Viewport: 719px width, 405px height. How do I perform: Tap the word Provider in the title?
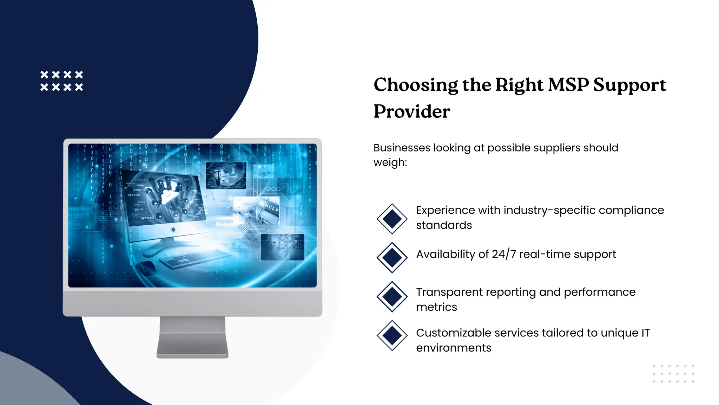(412, 112)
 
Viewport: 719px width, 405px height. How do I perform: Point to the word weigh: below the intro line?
(390, 162)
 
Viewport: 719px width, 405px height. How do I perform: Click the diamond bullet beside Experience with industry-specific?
(392, 219)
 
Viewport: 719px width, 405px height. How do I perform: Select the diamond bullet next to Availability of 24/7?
(392, 257)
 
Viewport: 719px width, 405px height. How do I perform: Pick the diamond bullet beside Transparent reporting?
(392, 296)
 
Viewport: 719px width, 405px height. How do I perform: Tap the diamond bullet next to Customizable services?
(392, 335)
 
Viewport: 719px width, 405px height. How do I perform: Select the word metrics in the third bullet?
(436, 307)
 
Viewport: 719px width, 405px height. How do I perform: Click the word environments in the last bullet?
(454, 348)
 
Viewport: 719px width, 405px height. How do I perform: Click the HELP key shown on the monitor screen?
(271, 208)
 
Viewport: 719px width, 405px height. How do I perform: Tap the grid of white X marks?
(62, 81)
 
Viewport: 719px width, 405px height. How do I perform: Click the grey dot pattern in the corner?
(673, 374)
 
